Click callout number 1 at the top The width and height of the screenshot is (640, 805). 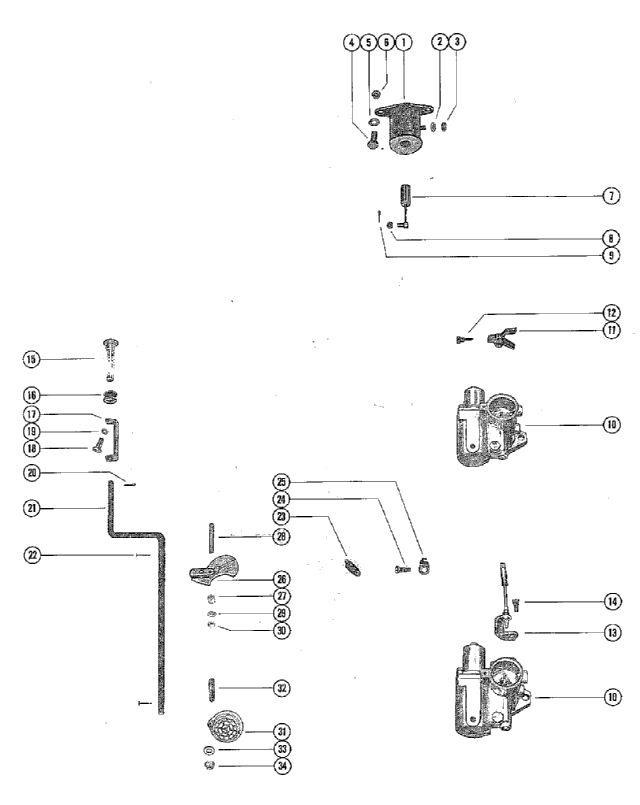coord(403,42)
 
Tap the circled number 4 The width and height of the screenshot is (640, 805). coord(351,42)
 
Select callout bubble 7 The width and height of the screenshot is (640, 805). coord(611,196)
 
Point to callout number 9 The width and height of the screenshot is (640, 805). coord(611,255)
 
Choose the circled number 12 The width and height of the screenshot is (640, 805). coord(611,313)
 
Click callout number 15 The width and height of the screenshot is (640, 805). coord(31,359)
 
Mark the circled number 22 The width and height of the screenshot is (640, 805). coord(32,555)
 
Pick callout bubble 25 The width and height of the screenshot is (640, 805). coord(281,482)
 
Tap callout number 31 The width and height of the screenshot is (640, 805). coord(282,731)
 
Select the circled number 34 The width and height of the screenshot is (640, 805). coord(282,766)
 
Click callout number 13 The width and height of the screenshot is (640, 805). coord(612,632)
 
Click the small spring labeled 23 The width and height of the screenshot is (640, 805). coord(352,567)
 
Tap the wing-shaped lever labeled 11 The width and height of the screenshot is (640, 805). coord(501,339)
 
